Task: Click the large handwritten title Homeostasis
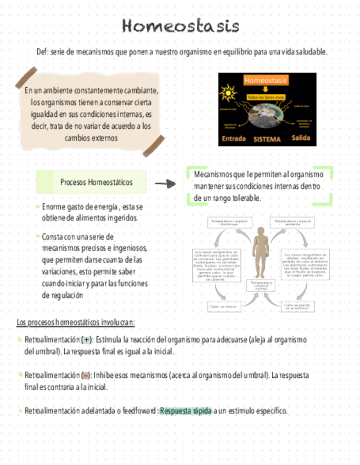click(181, 26)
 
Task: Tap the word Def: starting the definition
click(43, 52)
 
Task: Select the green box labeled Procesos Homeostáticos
click(91, 182)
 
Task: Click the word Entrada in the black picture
click(233, 139)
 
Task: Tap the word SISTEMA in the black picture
click(267, 139)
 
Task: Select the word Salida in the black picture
click(301, 138)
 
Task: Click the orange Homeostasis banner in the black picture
click(265, 81)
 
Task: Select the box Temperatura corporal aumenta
click(292, 223)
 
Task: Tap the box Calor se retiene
click(223, 307)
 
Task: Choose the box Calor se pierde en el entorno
click(297, 307)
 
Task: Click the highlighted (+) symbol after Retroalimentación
click(86, 340)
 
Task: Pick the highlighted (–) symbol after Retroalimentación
click(86, 376)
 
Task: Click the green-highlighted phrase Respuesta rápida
click(185, 411)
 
